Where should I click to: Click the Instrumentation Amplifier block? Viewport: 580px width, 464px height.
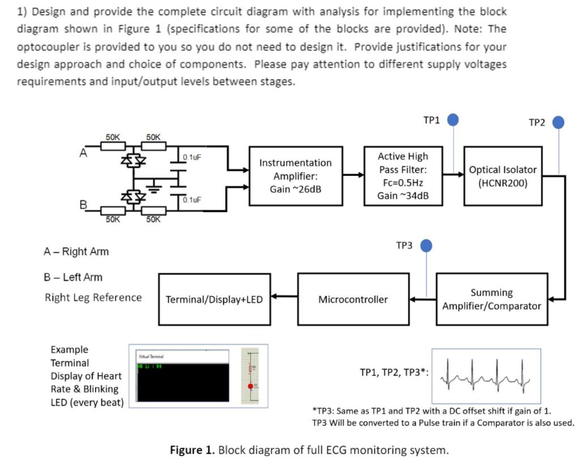click(x=295, y=176)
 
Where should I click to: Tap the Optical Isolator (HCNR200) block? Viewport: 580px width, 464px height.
click(x=503, y=176)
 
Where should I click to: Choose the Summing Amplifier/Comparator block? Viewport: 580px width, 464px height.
click(x=491, y=299)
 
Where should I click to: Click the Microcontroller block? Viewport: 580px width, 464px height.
click(x=353, y=299)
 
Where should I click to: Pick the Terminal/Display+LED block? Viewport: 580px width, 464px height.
click(x=214, y=299)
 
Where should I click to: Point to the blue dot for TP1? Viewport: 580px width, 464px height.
click(x=453, y=120)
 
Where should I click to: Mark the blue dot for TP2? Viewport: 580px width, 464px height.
click(x=558, y=122)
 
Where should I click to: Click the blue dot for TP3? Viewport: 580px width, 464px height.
click(x=426, y=245)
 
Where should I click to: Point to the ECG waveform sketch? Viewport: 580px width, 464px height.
click(x=486, y=373)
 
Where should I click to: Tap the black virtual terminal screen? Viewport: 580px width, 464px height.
click(x=182, y=385)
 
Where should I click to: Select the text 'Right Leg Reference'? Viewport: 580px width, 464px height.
click(x=93, y=298)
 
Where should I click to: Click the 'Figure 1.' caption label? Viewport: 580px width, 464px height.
click(x=193, y=450)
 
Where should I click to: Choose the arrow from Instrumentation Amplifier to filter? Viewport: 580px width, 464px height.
click(x=355, y=175)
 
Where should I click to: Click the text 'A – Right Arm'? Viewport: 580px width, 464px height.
click(x=76, y=251)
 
